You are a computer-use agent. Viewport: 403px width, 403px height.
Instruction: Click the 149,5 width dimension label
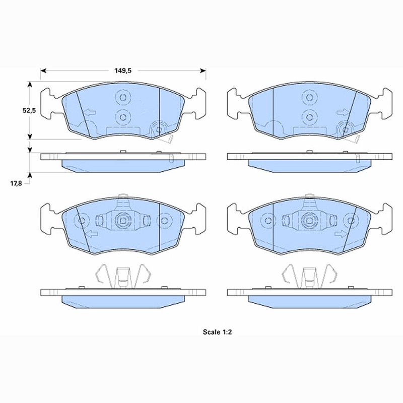point(123,71)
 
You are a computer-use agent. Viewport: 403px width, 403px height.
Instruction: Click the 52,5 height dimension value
point(29,110)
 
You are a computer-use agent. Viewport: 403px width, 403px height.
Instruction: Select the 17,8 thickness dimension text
point(16,183)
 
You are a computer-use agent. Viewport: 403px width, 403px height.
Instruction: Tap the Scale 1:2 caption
point(218,332)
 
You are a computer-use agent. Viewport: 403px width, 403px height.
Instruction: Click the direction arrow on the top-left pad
point(90,112)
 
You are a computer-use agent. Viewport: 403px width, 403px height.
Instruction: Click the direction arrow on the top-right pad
point(343,112)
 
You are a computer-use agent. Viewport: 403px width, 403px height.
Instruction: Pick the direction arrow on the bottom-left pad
point(92,234)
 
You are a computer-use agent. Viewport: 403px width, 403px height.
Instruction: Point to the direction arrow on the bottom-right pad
point(341,234)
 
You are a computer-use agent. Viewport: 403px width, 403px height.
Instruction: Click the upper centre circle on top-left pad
point(123,98)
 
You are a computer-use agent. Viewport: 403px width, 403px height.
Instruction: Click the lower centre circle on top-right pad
point(310,117)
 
